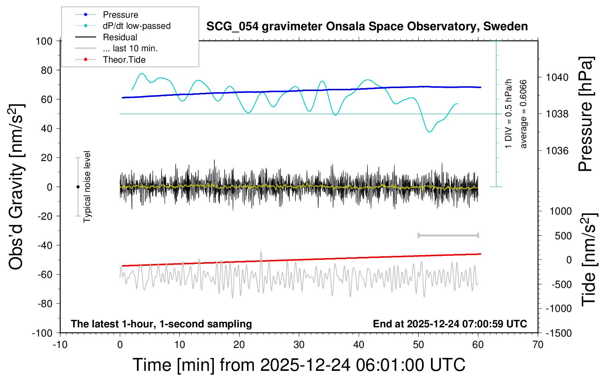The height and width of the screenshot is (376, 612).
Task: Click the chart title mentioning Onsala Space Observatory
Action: (367, 27)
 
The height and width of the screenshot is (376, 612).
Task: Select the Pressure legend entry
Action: (120, 15)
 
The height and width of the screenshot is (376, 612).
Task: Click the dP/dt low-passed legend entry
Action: (136, 26)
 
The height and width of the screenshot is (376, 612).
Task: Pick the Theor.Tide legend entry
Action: (124, 60)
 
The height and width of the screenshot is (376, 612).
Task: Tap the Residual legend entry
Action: (120, 37)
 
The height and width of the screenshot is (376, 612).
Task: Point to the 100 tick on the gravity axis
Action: (44, 41)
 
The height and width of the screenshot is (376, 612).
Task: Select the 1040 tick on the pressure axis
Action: (557, 77)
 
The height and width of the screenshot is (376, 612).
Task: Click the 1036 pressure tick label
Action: (557, 150)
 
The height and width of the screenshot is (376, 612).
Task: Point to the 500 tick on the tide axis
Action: (563, 236)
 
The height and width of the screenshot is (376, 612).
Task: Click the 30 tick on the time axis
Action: (299, 345)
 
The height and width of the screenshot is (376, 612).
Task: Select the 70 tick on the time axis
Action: (538, 345)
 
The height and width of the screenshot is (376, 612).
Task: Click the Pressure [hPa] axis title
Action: (585, 114)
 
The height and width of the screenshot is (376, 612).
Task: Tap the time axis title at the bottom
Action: (299, 365)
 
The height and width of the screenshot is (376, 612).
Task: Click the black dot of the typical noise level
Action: (78, 187)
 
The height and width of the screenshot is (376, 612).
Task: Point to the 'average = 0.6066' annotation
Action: (524, 114)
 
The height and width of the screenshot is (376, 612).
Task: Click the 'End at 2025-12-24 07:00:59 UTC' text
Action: (450, 324)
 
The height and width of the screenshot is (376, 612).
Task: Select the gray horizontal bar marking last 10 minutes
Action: (448, 235)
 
